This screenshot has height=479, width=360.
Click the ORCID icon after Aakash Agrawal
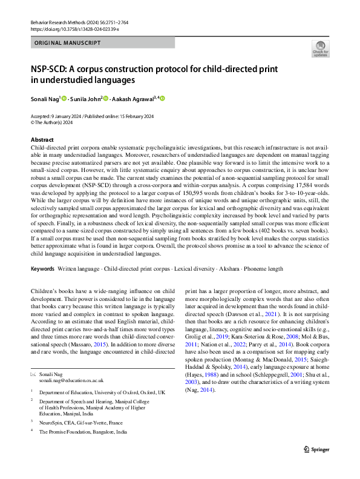162,99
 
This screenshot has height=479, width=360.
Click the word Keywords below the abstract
43,268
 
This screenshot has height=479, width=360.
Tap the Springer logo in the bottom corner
316,449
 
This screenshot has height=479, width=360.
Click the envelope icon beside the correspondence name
33,357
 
